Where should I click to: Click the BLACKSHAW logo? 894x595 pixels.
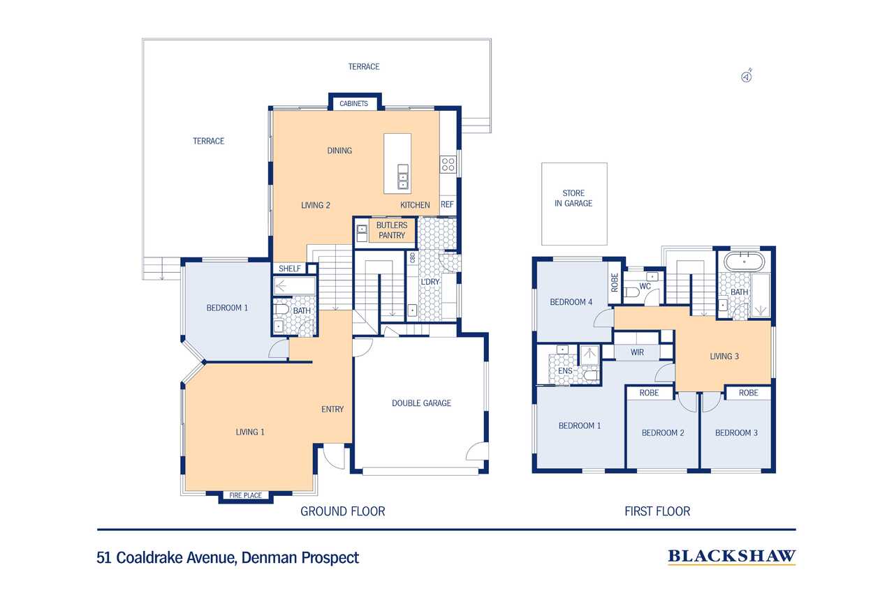click(x=731, y=557)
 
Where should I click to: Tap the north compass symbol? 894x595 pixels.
click(x=747, y=76)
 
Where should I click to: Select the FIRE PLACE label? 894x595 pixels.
click(x=245, y=495)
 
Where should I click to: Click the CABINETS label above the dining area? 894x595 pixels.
click(x=353, y=104)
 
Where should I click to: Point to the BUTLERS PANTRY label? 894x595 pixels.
click(x=392, y=230)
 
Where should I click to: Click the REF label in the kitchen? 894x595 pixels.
click(x=447, y=204)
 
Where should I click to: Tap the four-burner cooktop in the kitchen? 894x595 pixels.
click(x=448, y=164)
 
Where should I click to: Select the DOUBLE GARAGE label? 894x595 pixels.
click(x=421, y=403)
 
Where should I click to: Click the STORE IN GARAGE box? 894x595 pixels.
click(x=574, y=204)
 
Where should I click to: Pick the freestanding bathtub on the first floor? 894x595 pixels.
click(x=745, y=262)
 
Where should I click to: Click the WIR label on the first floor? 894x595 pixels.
click(x=637, y=352)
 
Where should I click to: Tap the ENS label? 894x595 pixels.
click(x=565, y=371)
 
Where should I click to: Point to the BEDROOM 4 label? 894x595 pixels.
click(x=571, y=302)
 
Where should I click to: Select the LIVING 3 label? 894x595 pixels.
click(x=724, y=356)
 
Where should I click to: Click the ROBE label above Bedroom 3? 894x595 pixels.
click(x=748, y=393)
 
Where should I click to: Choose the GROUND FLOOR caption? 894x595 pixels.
click(x=342, y=511)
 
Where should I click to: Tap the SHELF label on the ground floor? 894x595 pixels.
click(x=290, y=269)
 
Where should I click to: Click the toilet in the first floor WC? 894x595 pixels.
click(x=632, y=292)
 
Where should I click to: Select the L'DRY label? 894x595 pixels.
click(x=430, y=282)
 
